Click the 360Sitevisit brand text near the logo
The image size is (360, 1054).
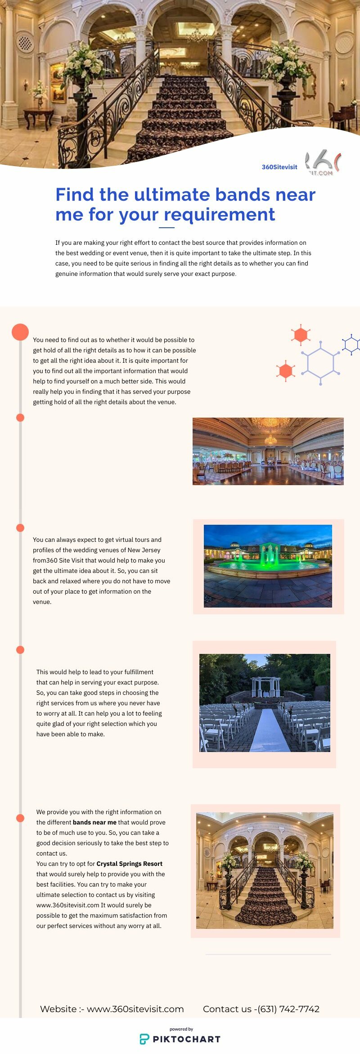pos(279,167)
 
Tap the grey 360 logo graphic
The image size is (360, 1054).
pos(323,163)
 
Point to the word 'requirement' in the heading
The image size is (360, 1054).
pos(219,215)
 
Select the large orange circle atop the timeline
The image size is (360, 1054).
pos(20,332)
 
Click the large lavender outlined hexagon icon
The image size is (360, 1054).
pos(320,362)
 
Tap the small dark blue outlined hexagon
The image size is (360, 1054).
pos(351,345)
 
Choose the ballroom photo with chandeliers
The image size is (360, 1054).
pos(268,451)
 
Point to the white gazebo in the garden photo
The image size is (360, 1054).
pos(265,687)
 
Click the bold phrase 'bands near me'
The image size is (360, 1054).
pos(94,822)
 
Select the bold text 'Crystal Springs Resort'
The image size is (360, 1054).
pos(129,864)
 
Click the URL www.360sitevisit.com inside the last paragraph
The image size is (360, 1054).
pos(67,905)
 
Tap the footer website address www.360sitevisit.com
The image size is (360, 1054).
pos(135,1009)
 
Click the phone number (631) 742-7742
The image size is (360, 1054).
pos(288,1009)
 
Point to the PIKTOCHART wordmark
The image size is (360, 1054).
pos(187,1039)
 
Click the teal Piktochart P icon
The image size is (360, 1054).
pos(144,1039)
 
